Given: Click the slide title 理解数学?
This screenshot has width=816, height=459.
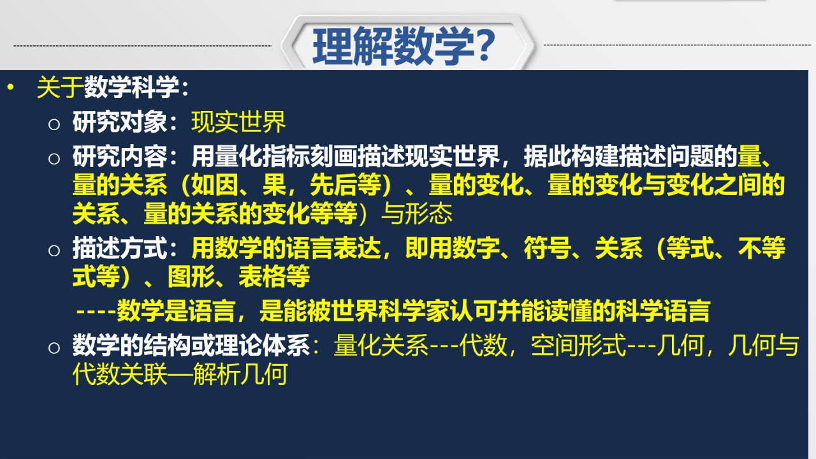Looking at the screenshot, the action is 404,47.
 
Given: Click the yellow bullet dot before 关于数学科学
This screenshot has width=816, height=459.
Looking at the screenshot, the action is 10,87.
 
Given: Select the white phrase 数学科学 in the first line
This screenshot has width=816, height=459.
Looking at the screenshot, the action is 131,87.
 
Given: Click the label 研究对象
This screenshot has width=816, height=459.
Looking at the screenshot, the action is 120,122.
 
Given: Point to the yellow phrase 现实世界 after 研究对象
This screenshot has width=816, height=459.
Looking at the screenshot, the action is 238,122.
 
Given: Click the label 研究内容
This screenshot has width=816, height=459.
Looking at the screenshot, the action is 120,156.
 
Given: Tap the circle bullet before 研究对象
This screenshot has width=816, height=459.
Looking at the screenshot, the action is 54,124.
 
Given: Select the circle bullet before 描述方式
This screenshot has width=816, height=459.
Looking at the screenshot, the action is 54,251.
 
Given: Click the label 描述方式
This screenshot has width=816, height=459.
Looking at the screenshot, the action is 120,248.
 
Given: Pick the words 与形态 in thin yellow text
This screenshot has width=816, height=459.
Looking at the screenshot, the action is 416,214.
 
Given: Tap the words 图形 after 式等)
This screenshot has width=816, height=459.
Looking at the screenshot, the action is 191,277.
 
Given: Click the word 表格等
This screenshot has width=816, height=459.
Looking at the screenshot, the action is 274,277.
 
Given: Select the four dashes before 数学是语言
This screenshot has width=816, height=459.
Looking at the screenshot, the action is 96,312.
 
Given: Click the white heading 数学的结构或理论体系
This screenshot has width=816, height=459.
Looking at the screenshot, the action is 191,345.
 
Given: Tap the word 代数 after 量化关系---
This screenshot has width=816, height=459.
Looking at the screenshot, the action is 483,345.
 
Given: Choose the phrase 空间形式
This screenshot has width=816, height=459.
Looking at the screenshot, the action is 578,345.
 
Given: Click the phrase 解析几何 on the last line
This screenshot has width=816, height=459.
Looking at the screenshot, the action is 240,374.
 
